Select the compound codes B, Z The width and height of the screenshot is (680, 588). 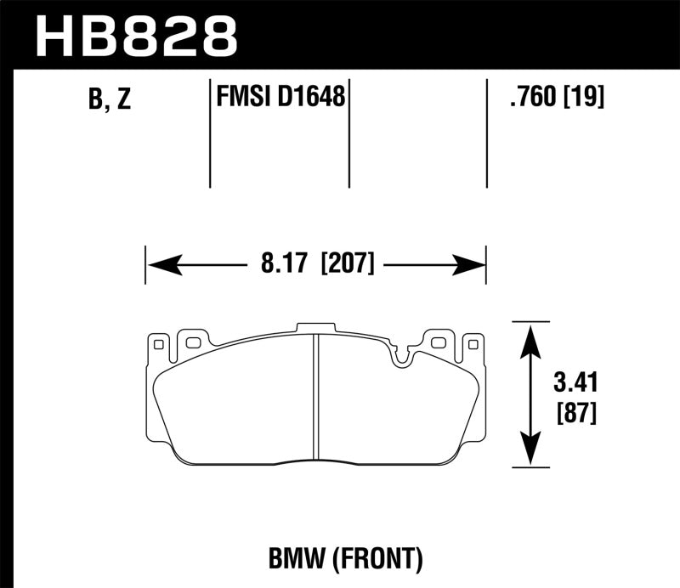(109, 100)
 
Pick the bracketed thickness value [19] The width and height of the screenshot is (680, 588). (585, 99)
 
